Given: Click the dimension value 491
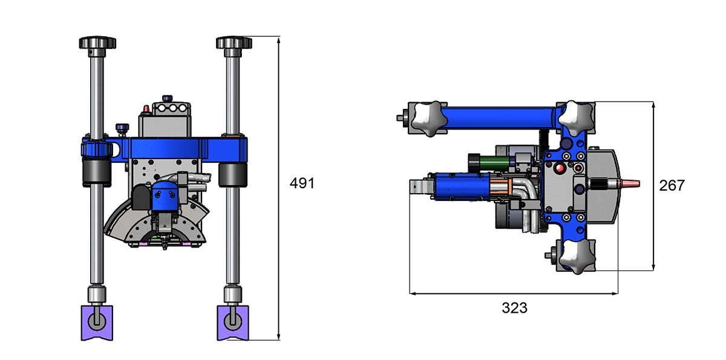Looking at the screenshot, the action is (302, 183).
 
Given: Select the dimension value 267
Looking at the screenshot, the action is (672, 186).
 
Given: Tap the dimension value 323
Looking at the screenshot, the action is (514, 308).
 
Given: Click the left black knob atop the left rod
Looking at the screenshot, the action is (97, 42).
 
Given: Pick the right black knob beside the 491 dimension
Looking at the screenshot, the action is (234, 42).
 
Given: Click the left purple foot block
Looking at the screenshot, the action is (97, 322).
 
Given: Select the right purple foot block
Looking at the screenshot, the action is (233, 322).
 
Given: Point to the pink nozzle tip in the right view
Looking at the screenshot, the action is (630, 184).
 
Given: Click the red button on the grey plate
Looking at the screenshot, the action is (560, 168).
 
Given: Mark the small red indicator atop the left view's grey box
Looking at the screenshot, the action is (146, 109).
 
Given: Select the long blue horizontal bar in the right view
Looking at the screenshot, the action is (501, 118).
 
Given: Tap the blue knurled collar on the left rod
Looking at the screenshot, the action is (97, 149).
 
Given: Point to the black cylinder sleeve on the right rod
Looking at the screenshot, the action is (233, 175).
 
